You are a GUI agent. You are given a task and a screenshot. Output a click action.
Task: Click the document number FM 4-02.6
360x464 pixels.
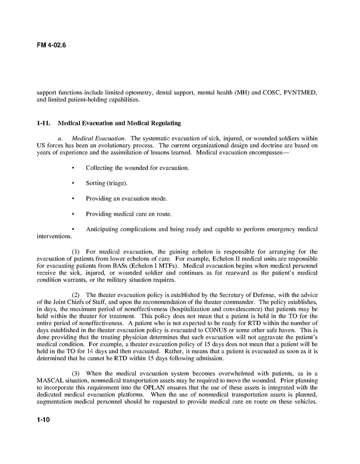click(51, 45)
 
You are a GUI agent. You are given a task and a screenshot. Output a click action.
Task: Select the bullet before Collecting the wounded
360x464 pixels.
click(73, 168)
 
